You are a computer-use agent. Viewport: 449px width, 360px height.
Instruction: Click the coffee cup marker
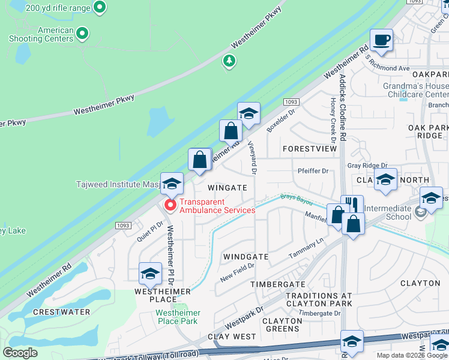click(x=381, y=41)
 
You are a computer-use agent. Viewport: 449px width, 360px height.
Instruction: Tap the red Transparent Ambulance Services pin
click(x=170, y=206)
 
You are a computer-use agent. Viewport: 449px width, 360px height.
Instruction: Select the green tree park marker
click(x=228, y=61)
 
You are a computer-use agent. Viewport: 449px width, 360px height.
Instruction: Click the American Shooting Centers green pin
click(x=83, y=34)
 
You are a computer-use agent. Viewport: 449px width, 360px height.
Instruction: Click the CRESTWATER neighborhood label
click(x=62, y=312)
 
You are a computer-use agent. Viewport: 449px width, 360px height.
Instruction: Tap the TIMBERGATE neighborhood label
click(x=278, y=284)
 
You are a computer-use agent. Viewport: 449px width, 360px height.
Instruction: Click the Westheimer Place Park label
click(x=176, y=317)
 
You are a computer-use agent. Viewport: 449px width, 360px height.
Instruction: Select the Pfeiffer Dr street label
click(x=313, y=171)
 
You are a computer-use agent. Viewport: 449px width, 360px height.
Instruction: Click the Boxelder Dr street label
click(x=282, y=119)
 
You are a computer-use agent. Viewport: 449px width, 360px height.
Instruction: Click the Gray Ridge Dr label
click(x=367, y=166)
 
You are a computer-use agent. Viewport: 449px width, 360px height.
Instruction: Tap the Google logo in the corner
click(x=20, y=353)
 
